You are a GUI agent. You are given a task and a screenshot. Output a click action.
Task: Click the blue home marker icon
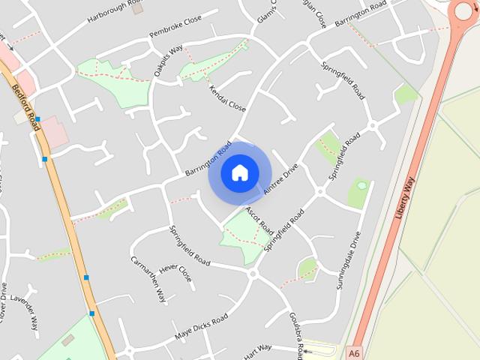click(x=239, y=172)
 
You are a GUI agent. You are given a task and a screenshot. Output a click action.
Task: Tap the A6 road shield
click(x=354, y=350)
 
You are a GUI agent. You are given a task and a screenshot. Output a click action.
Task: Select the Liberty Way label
click(x=404, y=196)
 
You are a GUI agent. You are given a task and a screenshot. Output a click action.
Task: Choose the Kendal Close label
click(x=227, y=97)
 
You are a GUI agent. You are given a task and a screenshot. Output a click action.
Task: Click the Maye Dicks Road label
click(x=200, y=327)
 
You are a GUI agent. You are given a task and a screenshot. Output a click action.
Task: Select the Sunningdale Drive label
click(x=355, y=256)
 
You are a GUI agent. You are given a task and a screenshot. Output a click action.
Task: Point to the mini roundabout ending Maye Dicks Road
click(x=253, y=274)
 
